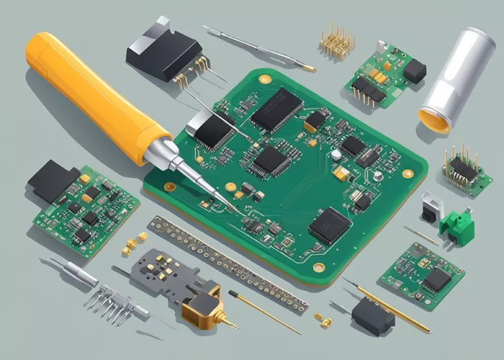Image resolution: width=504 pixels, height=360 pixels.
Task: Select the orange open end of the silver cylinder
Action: pos(435,119)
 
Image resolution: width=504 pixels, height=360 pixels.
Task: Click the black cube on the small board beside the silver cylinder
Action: pos(414,70)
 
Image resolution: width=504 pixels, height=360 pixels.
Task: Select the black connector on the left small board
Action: pos(52,180)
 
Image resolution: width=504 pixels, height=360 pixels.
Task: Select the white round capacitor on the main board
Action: pos(336,154)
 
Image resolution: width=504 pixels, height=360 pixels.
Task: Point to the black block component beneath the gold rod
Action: pos(373,315)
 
